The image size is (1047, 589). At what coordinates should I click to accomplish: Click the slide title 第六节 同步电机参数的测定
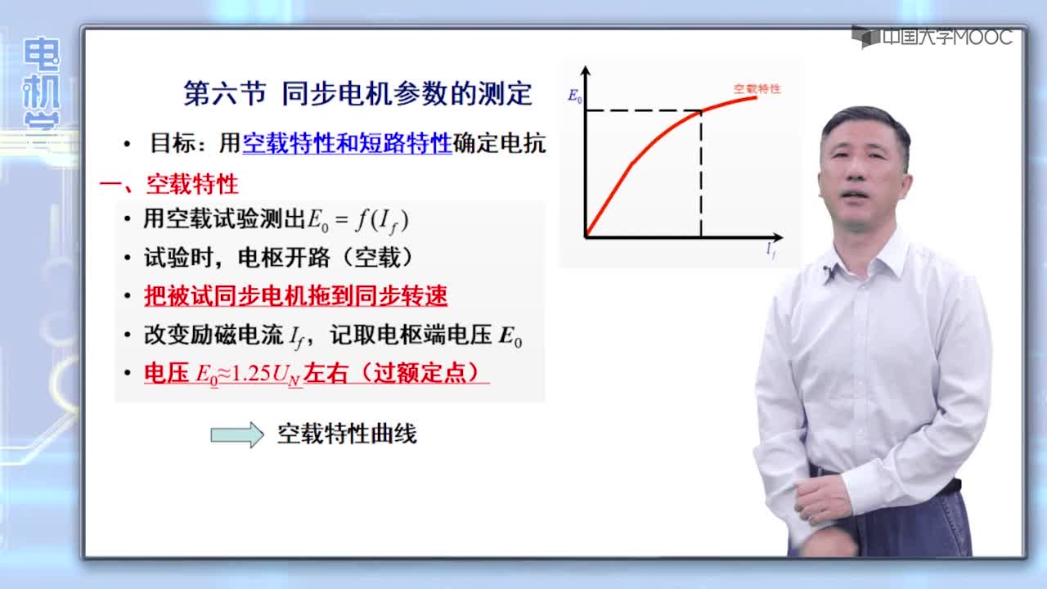[x=358, y=93]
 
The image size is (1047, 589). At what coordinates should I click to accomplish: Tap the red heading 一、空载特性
[x=169, y=184]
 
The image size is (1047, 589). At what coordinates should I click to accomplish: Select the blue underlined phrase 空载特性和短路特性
[x=347, y=143]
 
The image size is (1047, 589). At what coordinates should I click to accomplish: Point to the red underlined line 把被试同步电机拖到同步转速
[x=295, y=296]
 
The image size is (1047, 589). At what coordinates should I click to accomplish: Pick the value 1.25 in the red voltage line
[x=250, y=373]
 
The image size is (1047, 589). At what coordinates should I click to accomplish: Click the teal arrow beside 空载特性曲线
[x=237, y=434]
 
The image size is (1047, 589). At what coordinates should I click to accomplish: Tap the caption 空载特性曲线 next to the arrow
[x=347, y=434]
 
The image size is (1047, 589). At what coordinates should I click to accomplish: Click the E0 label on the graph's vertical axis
[x=575, y=96]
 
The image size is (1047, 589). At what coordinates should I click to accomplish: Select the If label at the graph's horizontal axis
[x=771, y=250]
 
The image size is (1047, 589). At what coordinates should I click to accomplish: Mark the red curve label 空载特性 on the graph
[x=757, y=88]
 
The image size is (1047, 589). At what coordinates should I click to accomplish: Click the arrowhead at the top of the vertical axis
[x=585, y=70]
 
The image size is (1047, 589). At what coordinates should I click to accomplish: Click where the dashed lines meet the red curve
[x=701, y=110]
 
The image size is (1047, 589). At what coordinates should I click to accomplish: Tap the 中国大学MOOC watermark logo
[x=932, y=37]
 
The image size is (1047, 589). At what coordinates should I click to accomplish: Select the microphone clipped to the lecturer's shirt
[x=829, y=273]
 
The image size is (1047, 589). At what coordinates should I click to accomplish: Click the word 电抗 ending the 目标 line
[x=523, y=143]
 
